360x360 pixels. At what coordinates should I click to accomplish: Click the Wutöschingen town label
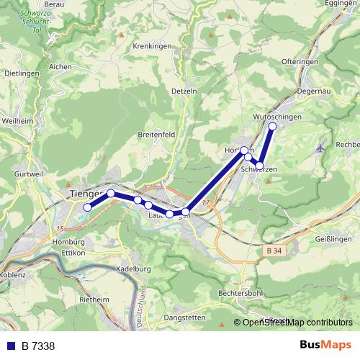click(277, 116)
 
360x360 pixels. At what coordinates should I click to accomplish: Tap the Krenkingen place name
click(150, 45)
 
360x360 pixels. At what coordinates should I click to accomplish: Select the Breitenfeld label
click(156, 135)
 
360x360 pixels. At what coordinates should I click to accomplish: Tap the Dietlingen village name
click(21, 73)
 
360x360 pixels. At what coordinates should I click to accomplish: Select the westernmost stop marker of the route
click(87, 207)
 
